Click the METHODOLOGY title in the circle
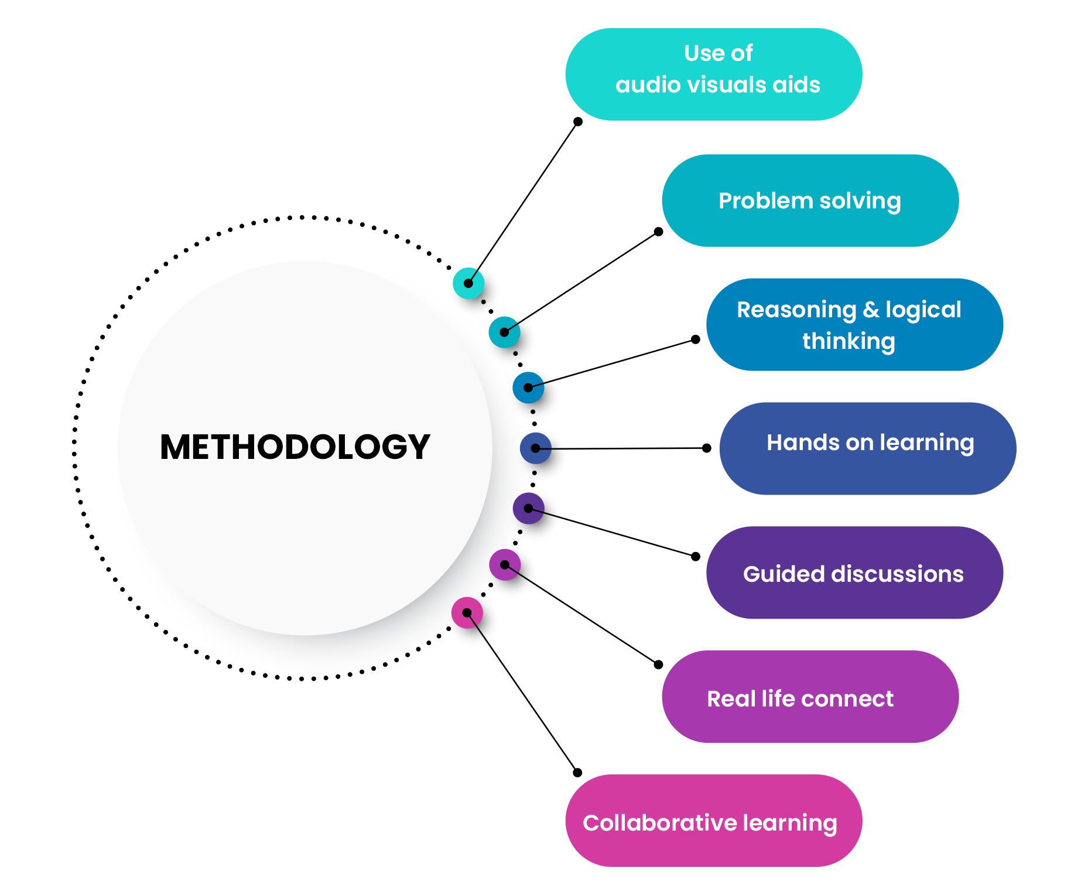pos(295,447)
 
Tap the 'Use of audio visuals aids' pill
pos(713,74)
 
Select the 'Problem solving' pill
pos(810,200)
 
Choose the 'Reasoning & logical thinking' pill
pos(854,325)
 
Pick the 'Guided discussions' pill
pos(854,573)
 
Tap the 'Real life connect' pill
pos(810,697)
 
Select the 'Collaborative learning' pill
pos(713,821)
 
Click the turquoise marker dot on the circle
pos(468,283)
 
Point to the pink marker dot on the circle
pos(467,613)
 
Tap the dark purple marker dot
pos(529,508)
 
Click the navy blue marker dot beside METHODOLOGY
pos(535,448)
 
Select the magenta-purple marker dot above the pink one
pos(505,565)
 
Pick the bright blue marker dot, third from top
pos(528,388)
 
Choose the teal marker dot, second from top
pos(504,332)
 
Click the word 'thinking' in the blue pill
pos(848,341)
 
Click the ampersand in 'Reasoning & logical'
pos(871,310)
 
